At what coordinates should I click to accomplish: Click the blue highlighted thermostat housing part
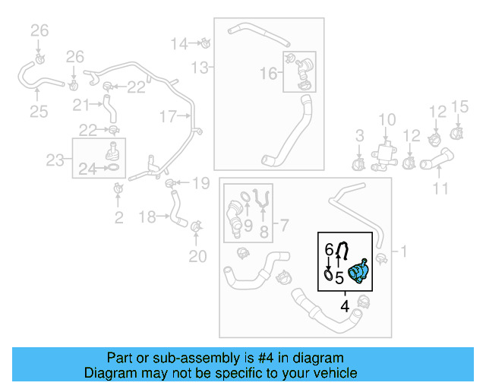(358, 273)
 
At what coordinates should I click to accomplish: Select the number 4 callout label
(346, 307)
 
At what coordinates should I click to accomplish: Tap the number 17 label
(167, 116)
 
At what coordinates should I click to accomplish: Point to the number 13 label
(199, 68)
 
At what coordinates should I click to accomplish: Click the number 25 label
(38, 112)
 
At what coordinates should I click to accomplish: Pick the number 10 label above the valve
(387, 119)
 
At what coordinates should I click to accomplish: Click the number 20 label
(197, 257)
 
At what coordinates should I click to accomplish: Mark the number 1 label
(403, 251)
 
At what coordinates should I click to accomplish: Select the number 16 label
(269, 73)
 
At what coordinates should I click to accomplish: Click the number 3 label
(360, 137)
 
